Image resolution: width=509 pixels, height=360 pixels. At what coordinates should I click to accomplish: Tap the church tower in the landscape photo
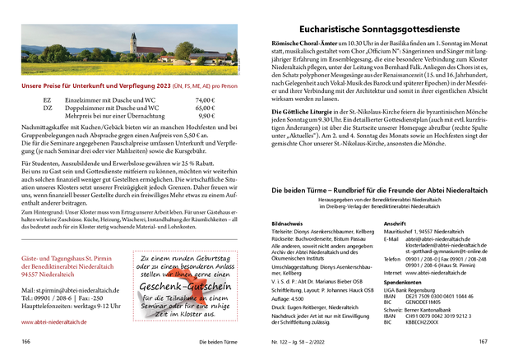click(x=132, y=41)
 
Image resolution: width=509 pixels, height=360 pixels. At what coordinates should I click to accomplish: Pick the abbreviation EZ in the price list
click(x=47, y=100)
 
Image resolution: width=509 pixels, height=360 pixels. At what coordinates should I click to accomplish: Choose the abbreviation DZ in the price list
click(x=47, y=108)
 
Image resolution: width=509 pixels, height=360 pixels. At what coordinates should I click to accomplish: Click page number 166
click(x=26, y=341)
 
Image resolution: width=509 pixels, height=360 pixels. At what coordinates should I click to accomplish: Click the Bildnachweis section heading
click(x=286, y=224)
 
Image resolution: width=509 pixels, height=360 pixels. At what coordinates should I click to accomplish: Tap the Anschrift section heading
click(x=396, y=224)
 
